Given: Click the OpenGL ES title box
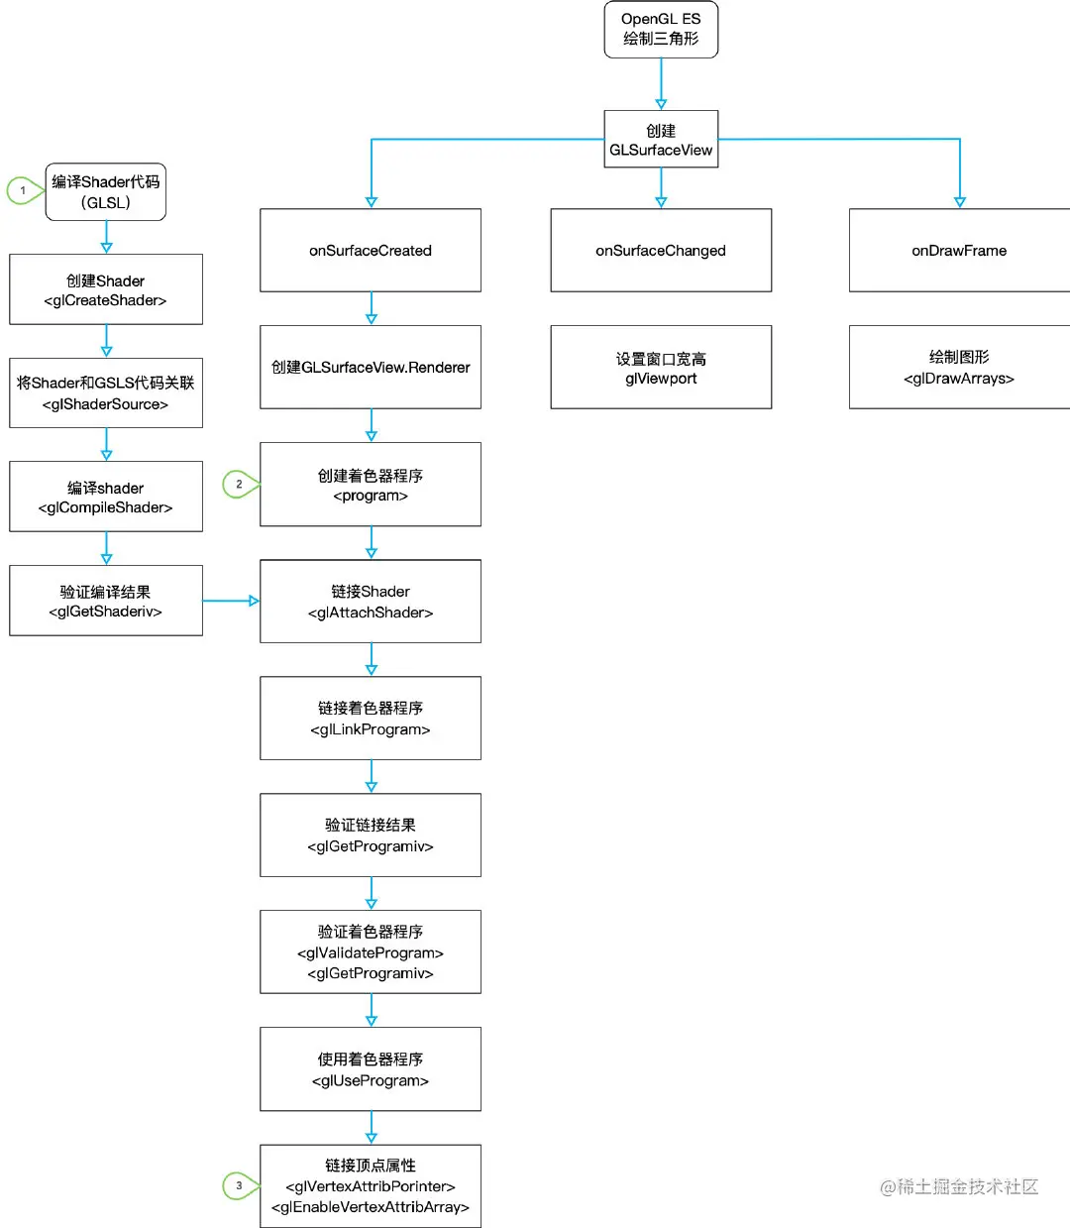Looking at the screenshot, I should pos(661,30).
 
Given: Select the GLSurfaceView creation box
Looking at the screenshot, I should pos(661,140).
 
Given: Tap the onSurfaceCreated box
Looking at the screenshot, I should pos(371,250).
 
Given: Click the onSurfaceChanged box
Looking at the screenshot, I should pos(661,250).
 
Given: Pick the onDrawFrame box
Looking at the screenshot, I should pos(959,250).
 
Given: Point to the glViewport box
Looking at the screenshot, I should pos(661,368).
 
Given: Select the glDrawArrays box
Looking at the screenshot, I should pos(959,368).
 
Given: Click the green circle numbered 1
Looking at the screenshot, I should pos(23,190).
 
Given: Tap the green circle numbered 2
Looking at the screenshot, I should pos(239,484).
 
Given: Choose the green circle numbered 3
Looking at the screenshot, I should pos(239,1185).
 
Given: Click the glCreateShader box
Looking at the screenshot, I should pos(106,289).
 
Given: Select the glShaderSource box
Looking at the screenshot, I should pos(106,393).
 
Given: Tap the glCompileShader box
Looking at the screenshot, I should pos(106,497).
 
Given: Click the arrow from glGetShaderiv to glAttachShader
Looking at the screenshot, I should pos(231,601).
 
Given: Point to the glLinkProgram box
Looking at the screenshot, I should pos(371,719).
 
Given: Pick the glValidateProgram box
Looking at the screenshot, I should pos(371,951).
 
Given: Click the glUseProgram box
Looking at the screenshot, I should pos(371,1069).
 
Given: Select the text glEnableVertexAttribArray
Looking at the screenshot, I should pos(371,1207).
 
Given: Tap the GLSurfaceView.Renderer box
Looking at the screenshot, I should pos(371,367).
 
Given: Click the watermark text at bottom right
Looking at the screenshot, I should pos(958,1186).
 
